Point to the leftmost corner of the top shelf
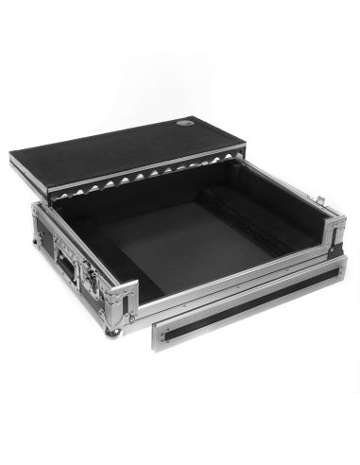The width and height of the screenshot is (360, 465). [x=11, y=158]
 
